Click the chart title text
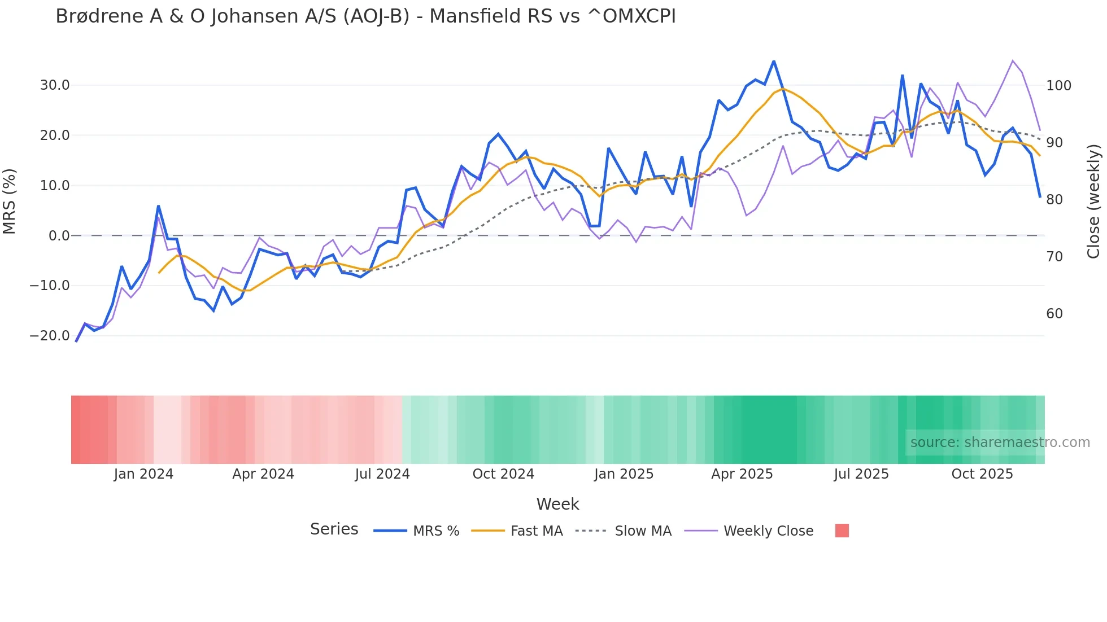click(x=365, y=16)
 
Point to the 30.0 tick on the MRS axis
click(x=55, y=85)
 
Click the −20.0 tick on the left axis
click(x=50, y=336)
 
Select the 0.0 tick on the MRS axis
click(x=59, y=236)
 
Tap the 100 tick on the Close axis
click(x=1058, y=86)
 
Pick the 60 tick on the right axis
click(x=1054, y=314)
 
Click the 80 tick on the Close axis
click(x=1054, y=200)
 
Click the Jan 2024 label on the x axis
click(x=143, y=474)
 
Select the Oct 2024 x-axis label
click(x=503, y=474)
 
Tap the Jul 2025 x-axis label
click(x=861, y=474)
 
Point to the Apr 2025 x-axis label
click(x=742, y=474)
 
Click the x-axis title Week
click(x=557, y=504)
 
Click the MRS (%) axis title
click(x=10, y=202)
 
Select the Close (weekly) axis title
click(x=1093, y=202)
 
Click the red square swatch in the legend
click(x=842, y=531)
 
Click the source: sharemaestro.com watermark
click(x=1000, y=443)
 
